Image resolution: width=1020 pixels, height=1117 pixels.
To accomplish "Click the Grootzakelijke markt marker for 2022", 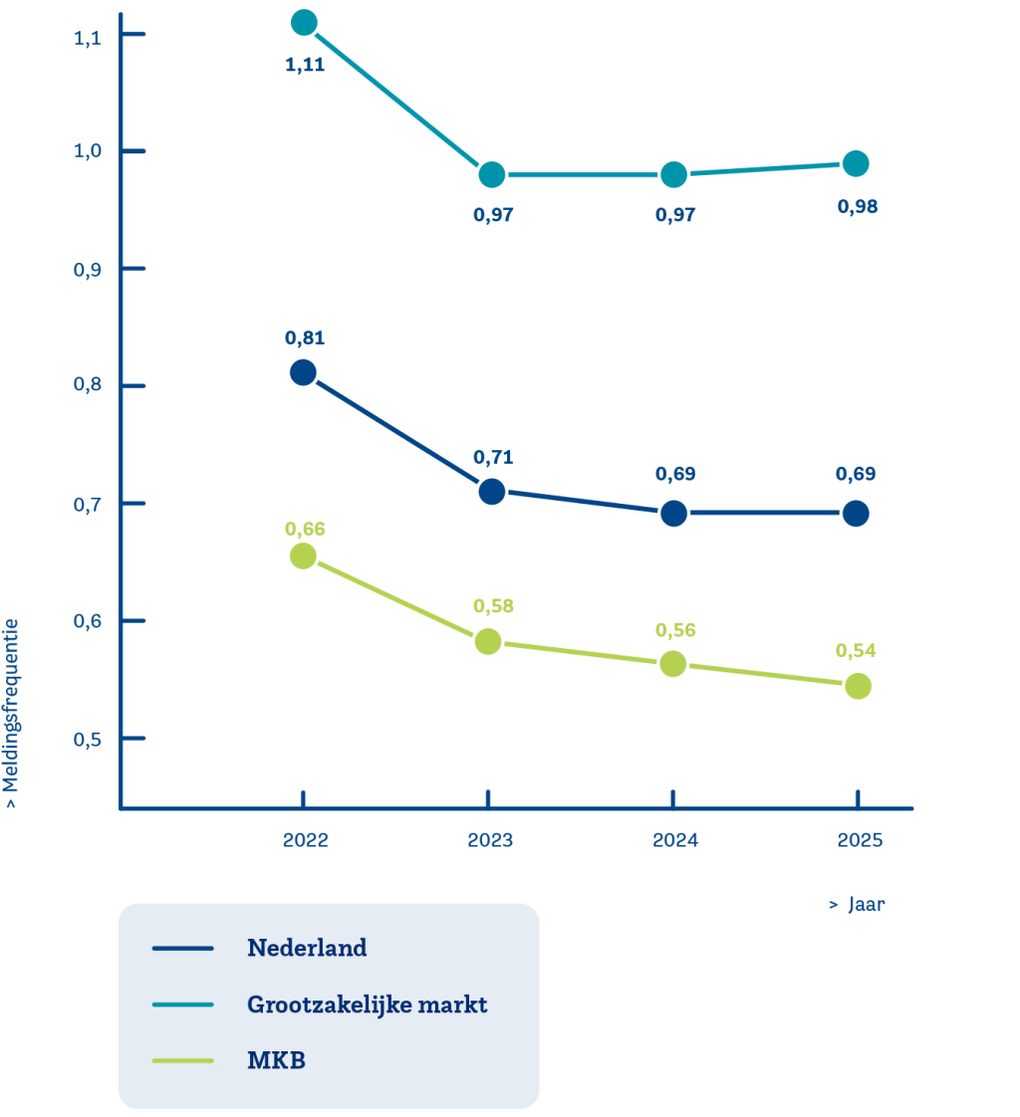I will pyautogui.click(x=305, y=22).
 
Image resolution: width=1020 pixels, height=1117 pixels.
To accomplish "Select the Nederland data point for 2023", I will pyautogui.click(x=491, y=491).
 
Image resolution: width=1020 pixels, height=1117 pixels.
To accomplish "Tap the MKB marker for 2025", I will pyautogui.click(x=858, y=686).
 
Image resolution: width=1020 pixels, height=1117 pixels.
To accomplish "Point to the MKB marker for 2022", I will pyautogui.click(x=303, y=556).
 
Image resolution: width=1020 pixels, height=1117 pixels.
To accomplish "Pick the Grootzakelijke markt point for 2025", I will pyautogui.click(x=856, y=163).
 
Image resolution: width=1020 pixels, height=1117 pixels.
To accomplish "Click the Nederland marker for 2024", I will pyautogui.click(x=673, y=514).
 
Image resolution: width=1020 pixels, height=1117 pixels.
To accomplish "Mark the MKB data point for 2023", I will pyautogui.click(x=487, y=642).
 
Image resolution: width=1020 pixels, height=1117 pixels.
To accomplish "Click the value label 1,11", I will pyautogui.click(x=305, y=67).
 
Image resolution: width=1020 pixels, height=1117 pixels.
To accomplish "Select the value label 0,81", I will pyautogui.click(x=305, y=337).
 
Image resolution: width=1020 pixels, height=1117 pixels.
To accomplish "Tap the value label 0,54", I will pyautogui.click(x=856, y=650).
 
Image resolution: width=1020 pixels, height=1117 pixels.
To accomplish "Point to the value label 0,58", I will pyautogui.click(x=492, y=605).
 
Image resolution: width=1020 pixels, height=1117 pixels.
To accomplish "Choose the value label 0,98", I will pyautogui.click(x=858, y=207).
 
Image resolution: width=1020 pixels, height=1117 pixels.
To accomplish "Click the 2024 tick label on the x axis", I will pyautogui.click(x=675, y=840).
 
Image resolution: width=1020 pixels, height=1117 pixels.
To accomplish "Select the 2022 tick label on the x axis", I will pyautogui.click(x=305, y=840).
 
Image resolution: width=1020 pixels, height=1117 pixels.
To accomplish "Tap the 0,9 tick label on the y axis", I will pyautogui.click(x=89, y=270).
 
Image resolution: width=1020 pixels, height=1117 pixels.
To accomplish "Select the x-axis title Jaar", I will pyautogui.click(x=858, y=905).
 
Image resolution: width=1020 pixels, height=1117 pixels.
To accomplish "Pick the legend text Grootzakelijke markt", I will pyautogui.click(x=367, y=1005).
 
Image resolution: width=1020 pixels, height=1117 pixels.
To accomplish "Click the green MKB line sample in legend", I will pyautogui.click(x=183, y=1061).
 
